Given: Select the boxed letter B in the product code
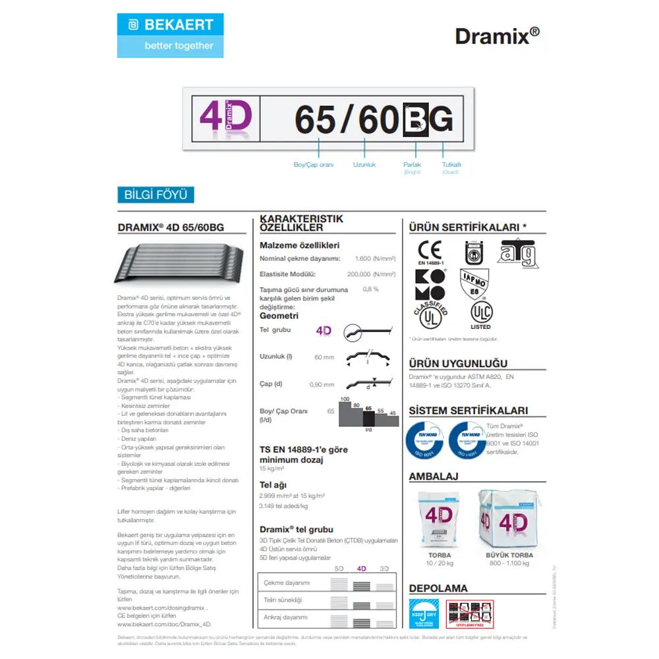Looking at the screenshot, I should [x=415, y=120].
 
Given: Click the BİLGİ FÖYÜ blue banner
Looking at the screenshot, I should [x=156, y=194].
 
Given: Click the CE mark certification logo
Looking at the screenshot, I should [x=430, y=251].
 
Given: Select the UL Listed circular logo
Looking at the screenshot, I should [x=480, y=312].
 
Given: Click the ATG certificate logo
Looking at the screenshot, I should [x=517, y=252].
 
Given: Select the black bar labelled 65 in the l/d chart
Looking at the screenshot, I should [x=369, y=418].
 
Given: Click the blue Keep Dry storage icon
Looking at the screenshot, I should [x=423, y=614].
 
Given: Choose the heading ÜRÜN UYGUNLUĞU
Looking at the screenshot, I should [x=458, y=364].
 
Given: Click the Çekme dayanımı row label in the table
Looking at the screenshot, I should [x=287, y=583].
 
